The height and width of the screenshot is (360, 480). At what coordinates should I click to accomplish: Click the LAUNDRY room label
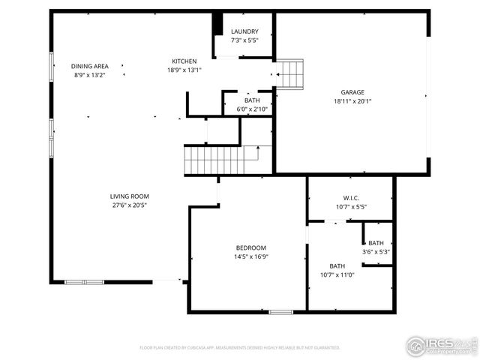coord(244,31)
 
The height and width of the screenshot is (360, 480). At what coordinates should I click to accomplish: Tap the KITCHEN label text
coord(184,61)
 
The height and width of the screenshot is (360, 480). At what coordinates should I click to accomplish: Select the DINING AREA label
coord(90,66)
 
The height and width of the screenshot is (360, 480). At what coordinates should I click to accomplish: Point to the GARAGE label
coord(353,92)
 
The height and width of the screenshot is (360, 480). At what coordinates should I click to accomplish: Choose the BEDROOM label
coord(250,247)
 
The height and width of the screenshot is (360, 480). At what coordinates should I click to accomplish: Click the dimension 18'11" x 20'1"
coord(353,101)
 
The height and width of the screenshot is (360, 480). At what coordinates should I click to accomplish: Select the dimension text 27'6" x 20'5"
coord(129,205)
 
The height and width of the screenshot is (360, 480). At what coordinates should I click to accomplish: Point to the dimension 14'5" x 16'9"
coord(250,256)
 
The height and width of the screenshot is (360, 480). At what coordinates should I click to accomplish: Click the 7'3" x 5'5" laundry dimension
coord(244,40)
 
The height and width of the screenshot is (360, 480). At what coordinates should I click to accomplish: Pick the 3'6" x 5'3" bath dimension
coord(375,252)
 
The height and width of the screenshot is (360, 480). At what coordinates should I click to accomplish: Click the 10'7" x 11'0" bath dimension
coord(337,274)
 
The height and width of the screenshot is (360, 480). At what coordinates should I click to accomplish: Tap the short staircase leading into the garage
coord(289,74)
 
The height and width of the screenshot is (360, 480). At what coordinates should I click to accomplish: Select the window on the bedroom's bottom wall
coord(280,311)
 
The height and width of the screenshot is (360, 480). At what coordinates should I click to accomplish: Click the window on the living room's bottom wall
coord(84,282)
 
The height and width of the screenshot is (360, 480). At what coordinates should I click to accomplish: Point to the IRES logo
coord(441,345)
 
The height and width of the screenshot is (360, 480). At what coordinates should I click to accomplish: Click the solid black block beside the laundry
coord(217,24)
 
